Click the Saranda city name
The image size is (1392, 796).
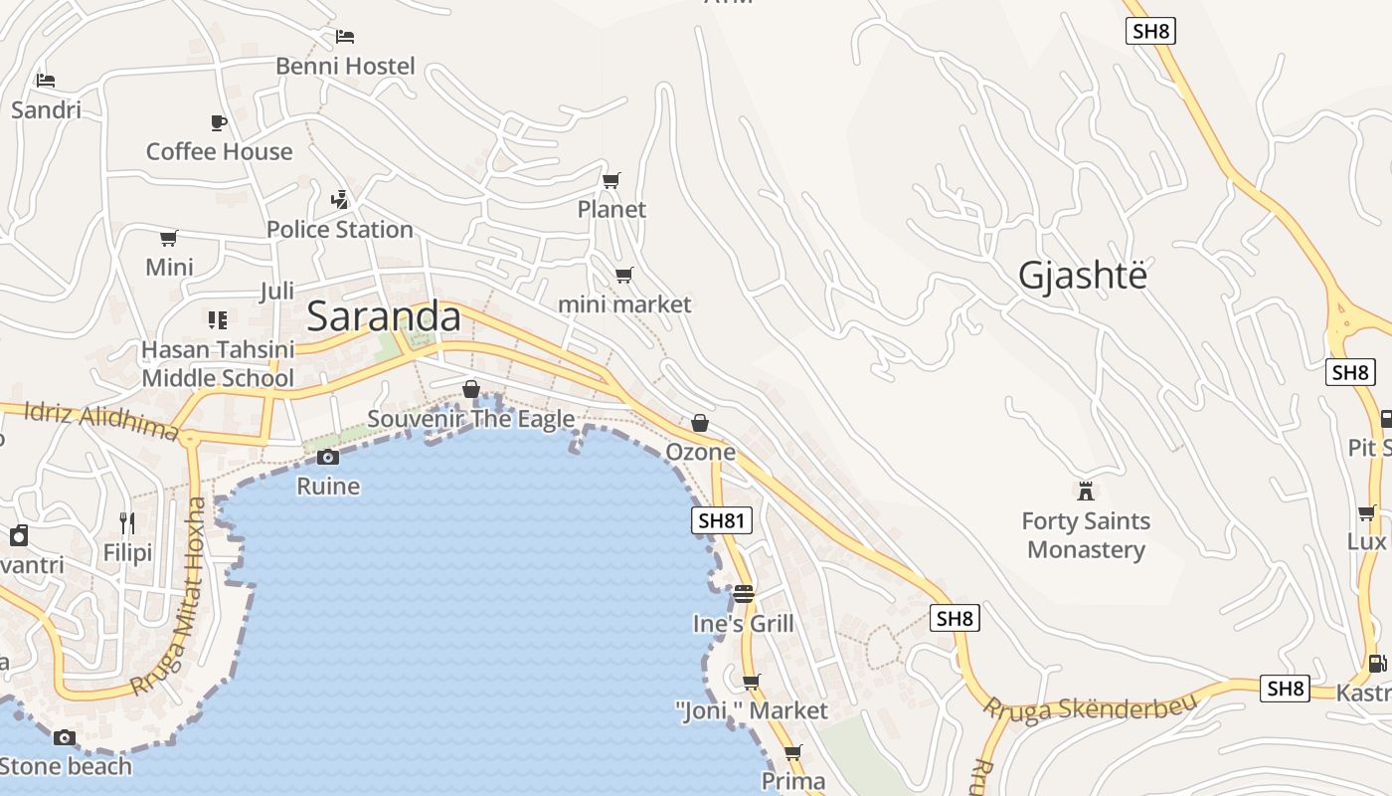(x=384, y=316)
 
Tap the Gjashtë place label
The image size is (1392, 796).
(x=1082, y=275)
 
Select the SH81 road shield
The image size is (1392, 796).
(x=722, y=519)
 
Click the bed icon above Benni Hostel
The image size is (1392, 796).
(x=345, y=37)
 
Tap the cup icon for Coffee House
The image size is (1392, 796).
(x=219, y=122)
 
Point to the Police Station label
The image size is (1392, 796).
(x=339, y=230)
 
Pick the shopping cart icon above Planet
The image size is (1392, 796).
(x=611, y=180)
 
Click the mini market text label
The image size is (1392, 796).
(x=624, y=304)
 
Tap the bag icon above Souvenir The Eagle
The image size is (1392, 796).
(x=471, y=389)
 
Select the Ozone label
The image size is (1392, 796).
(x=700, y=453)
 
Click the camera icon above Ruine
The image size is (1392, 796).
(x=328, y=457)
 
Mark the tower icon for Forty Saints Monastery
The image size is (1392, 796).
(x=1086, y=491)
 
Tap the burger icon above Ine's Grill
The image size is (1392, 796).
(x=744, y=594)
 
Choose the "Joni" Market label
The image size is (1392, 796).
(x=751, y=710)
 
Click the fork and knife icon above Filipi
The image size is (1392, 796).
(x=127, y=522)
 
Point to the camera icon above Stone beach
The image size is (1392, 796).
(x=65, y=737)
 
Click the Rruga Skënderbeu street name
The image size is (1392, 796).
(x=1090, y=704)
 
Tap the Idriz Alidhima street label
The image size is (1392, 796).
(x=99, y=421)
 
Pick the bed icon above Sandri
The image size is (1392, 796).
(x=46, y=80)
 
